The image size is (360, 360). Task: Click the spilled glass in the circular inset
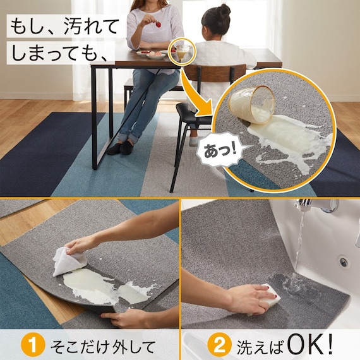(x=252, y=103)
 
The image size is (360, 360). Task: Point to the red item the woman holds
(x=157, y=25)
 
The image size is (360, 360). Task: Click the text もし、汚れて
(x=63, y=27)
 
